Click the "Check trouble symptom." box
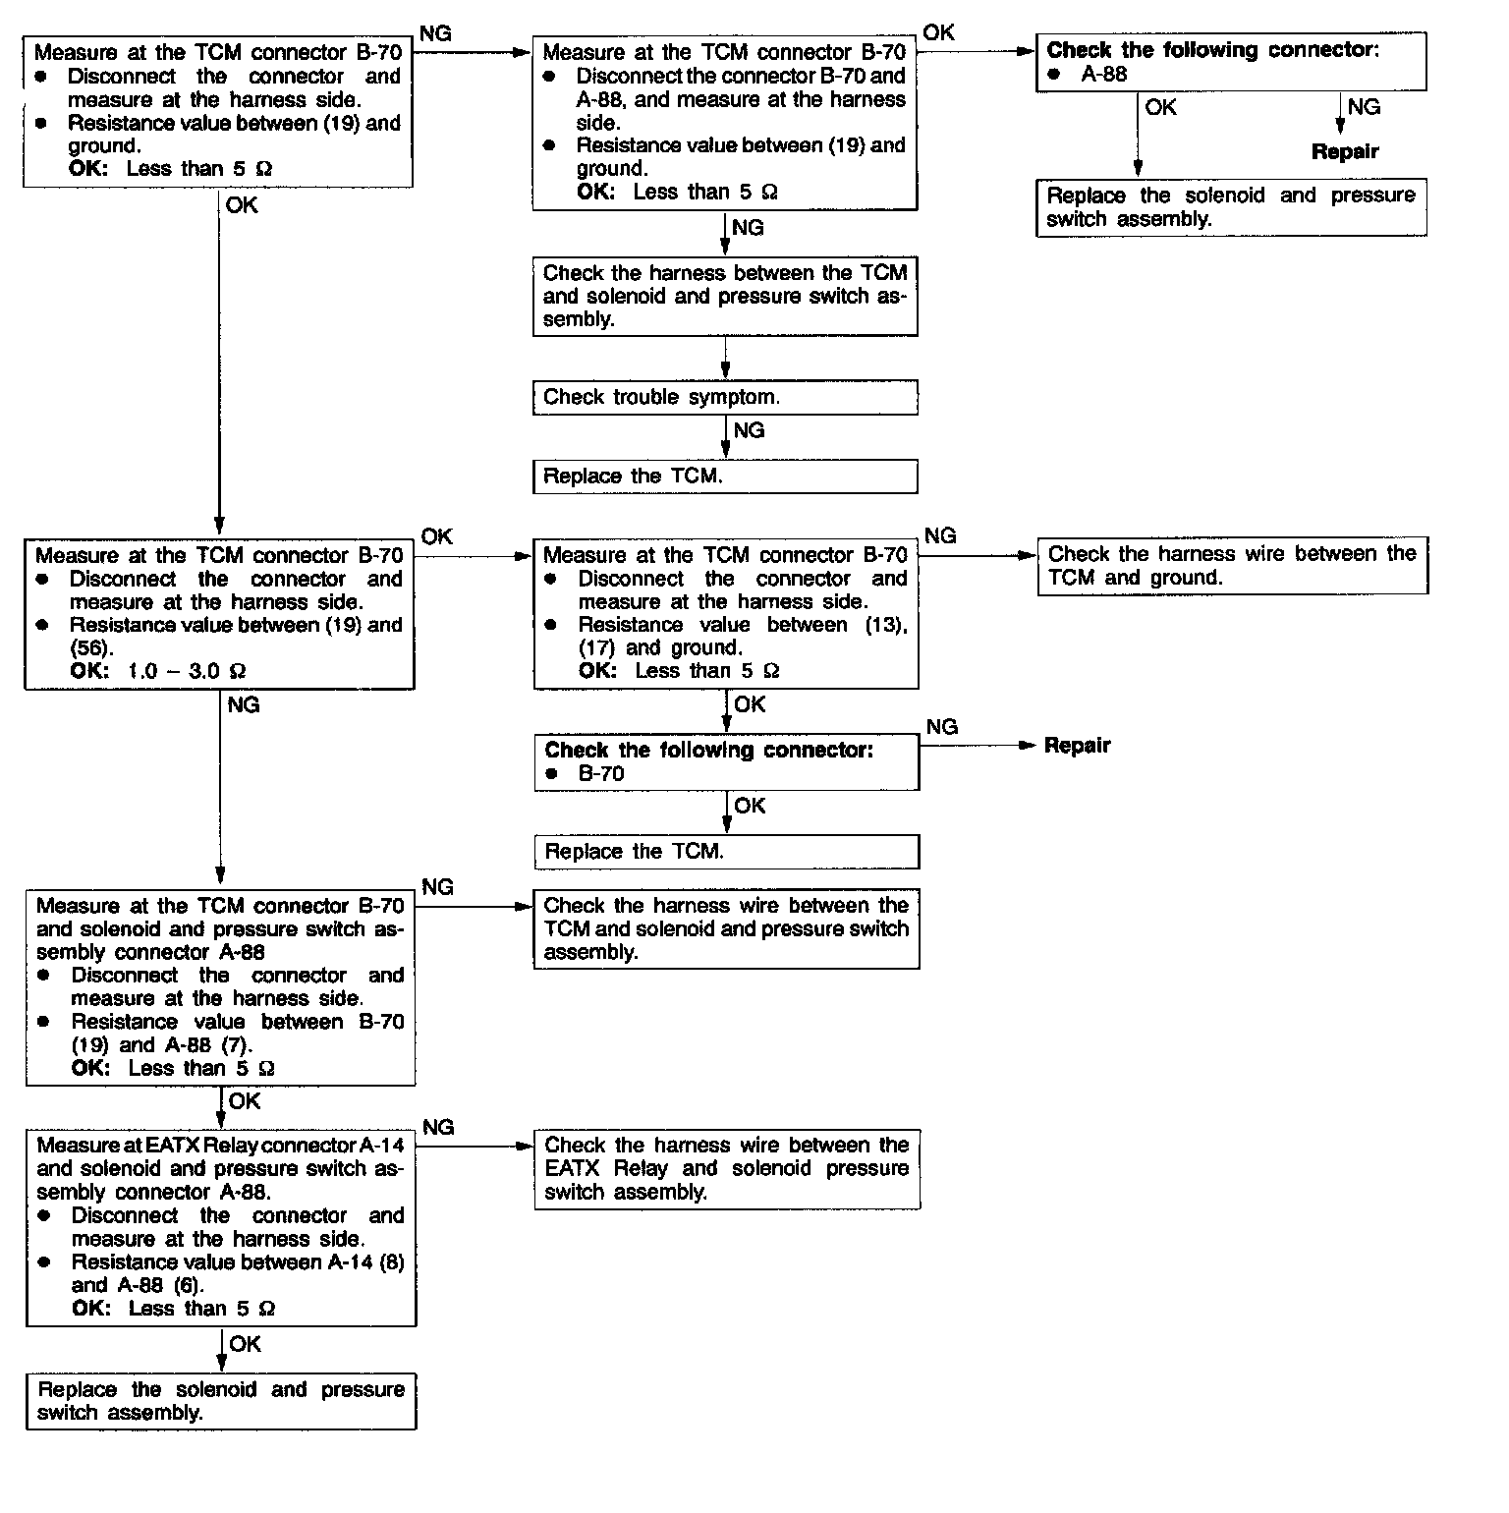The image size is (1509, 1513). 725,397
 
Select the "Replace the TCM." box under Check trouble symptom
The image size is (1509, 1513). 725,476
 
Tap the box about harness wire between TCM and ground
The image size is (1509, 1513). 1232,566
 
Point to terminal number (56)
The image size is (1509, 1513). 89,648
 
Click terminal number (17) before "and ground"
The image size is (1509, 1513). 598,648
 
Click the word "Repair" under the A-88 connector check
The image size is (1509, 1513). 1345,152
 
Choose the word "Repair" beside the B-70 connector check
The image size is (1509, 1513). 1077,746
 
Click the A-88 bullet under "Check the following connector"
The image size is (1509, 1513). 1103,75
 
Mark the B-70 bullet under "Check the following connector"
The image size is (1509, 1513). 600,774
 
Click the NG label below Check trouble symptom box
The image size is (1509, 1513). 749,430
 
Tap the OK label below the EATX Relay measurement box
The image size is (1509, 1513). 246,1344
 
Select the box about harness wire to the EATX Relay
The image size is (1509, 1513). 727,1169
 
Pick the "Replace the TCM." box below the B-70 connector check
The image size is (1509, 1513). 726,852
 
